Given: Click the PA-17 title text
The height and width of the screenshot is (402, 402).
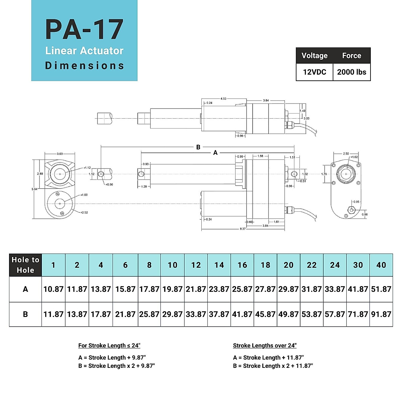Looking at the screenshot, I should point(84,29).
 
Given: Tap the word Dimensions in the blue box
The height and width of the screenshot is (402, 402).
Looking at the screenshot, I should point(84,66).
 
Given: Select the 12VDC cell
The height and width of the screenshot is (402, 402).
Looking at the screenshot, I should point(314,72).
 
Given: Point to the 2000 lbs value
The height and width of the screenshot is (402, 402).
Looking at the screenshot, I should point(351,72).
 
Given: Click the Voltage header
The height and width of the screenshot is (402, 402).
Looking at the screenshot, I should point(314,56).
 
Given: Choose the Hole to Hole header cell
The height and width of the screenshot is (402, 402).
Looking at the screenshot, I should point(25,265).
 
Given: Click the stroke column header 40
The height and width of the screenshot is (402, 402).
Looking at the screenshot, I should point(381,265).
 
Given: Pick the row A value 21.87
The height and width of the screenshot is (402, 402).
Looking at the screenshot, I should point(196,289).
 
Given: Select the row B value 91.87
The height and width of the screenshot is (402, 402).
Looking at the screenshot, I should point(381,314).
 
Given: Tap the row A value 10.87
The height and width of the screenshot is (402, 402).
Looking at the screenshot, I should point(53,289).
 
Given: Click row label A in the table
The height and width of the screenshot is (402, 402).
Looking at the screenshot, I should point(25,289).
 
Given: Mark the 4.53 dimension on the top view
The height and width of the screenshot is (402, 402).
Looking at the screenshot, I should point(223,99).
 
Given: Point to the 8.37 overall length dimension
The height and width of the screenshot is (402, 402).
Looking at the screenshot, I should point(243,229).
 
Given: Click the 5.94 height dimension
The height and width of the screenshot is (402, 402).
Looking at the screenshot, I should point(34,189).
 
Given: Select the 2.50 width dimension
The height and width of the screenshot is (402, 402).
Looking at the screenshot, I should point(346,154).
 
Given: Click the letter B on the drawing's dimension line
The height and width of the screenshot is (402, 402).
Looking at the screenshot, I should point(198,147).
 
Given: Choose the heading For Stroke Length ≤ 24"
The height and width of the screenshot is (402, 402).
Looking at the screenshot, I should point(109,345).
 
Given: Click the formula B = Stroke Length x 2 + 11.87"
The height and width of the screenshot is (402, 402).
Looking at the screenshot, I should point(273,366).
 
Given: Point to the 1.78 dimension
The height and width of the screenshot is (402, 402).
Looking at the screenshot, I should point(324,174).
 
